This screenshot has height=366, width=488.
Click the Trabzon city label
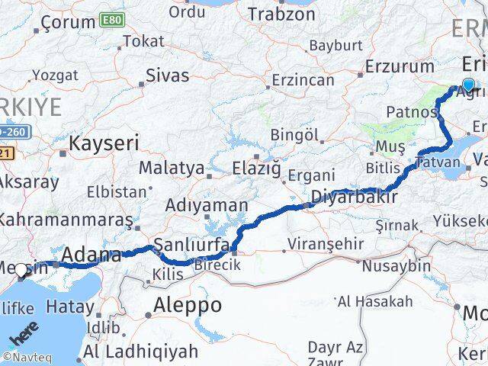282,14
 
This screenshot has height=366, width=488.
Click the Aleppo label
188,305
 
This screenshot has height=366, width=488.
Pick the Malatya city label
171,168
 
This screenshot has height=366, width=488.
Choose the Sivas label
167,75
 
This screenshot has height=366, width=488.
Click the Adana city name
91,255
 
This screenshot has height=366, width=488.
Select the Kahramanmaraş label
66,219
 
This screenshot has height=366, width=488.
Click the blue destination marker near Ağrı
468,86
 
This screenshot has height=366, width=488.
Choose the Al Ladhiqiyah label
141,352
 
